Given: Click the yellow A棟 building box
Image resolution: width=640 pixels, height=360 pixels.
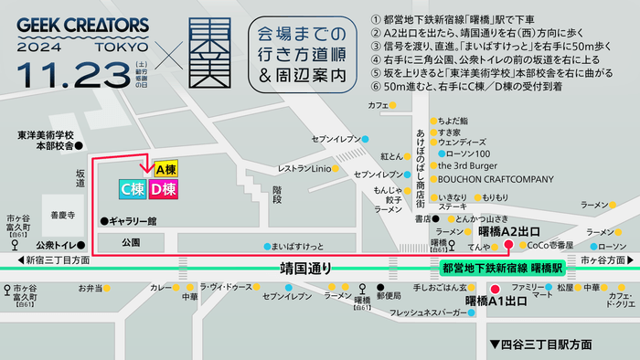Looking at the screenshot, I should (165, 169).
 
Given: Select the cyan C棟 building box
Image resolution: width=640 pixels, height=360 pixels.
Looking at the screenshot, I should (134, 189).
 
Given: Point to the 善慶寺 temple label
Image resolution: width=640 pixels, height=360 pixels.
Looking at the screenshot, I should (63, 217).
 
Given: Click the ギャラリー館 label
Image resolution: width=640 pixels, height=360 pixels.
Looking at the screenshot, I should (133, 221).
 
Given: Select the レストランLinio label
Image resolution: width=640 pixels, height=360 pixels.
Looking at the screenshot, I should (304, 168).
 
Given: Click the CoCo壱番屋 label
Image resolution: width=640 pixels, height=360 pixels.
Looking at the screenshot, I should (550, 246).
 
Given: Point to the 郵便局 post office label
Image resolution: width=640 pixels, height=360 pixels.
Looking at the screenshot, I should (390, 296).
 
